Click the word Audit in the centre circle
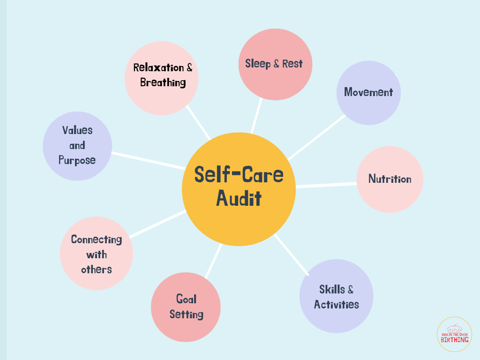(x=239, y=199)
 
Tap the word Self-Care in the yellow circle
(x=239, y=175)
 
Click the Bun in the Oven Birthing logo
(x=454, y=334)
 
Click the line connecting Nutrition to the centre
(x=326, y=185)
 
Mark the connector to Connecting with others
(x=157, y=224)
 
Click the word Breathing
(x=163, y=83)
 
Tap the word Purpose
(x=77, y=160)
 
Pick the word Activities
(x=337, y=305)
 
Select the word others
(x=97, y=270)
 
